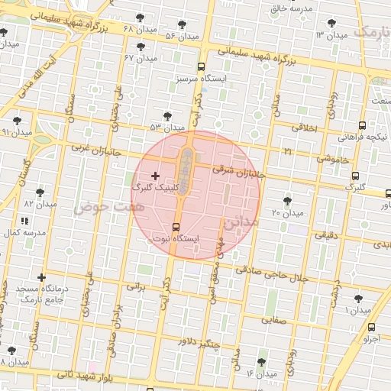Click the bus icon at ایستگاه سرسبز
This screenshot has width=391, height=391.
click(x=200, y=66)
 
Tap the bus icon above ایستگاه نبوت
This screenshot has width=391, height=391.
click(x=177, y=227)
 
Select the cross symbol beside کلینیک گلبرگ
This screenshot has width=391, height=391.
click(x=156, y=176)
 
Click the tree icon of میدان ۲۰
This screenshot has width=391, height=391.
click(x=287, y=200)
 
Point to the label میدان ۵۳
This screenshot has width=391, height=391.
click(x=167, y=127)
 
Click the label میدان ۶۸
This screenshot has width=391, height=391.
click(x=139, y=30)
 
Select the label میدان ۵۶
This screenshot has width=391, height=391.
click(x=182, y=35)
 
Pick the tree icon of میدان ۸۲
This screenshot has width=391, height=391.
click(x=40, y=193)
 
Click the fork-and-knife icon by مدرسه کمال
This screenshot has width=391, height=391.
click(x=24, y=221)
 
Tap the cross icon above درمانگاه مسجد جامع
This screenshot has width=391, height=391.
click(x=41, y=277)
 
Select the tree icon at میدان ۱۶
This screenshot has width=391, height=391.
click(x=262, y=362)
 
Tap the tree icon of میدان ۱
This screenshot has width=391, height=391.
click(x=357, y=299)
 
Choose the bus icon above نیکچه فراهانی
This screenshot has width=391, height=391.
click(x=362, y=125)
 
